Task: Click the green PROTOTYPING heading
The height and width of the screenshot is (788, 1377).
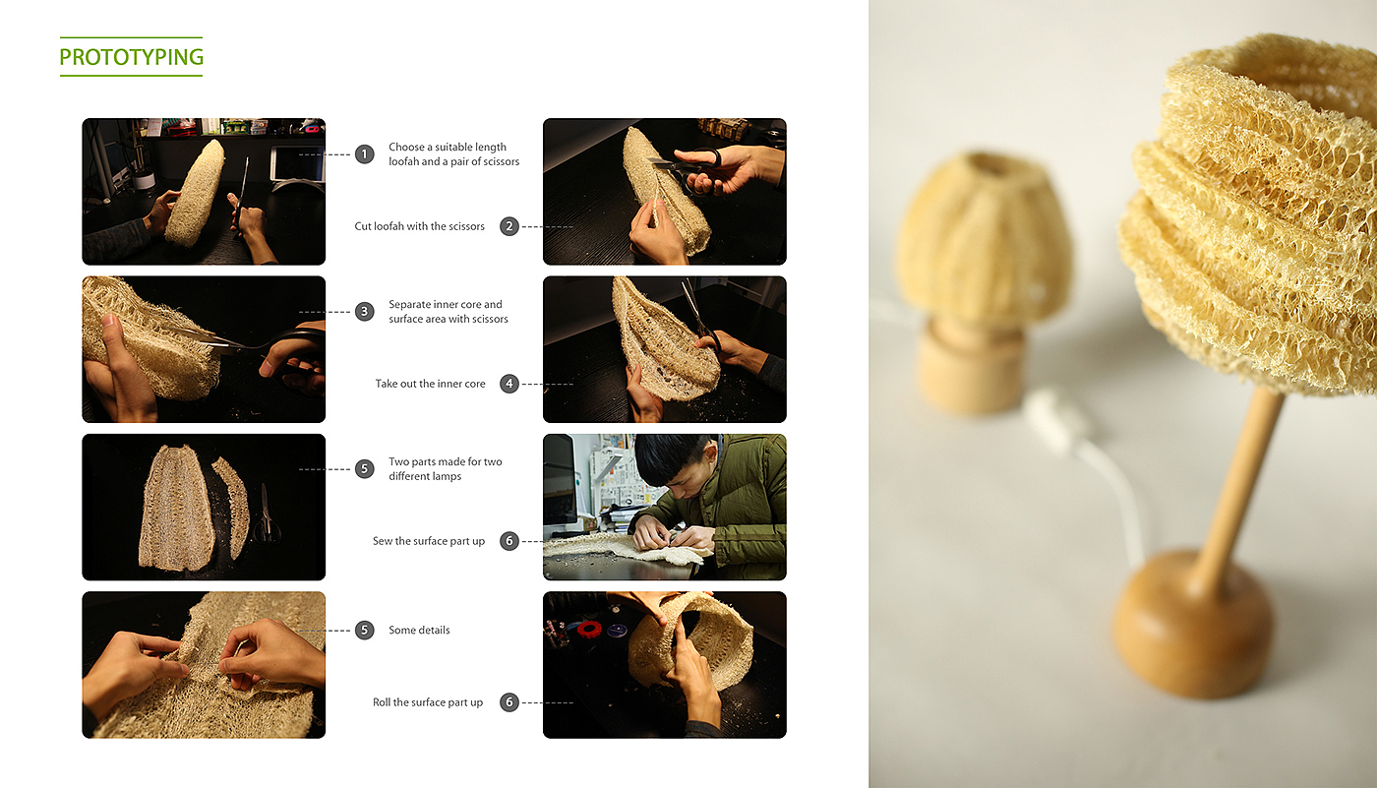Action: point(131,56)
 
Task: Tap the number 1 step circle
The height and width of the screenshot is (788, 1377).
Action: point(365,153)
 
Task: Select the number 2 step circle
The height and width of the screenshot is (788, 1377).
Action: point(509,226)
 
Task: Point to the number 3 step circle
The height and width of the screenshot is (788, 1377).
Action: point(365,311)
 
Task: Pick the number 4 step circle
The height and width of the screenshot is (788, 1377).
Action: point(509,384)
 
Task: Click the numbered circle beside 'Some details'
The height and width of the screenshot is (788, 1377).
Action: point(365,630)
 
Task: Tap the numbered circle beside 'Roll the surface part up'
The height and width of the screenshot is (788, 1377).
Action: point(509,702)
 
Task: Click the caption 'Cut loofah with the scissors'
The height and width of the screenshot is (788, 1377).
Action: point(419,226)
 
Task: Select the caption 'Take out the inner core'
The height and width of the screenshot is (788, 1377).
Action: point(431,384)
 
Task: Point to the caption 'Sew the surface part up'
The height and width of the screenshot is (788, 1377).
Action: point(429,541)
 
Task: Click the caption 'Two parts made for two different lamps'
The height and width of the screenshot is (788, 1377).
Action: point(445,468)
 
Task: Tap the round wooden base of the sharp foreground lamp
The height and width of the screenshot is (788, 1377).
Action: point(1191,624)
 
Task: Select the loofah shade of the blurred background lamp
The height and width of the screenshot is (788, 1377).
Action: point(984,240)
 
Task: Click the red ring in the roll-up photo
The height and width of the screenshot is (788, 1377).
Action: point(589,629)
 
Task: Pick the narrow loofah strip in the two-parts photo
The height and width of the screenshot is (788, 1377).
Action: point(231,507)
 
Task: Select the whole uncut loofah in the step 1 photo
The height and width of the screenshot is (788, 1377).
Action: point(196,193)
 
